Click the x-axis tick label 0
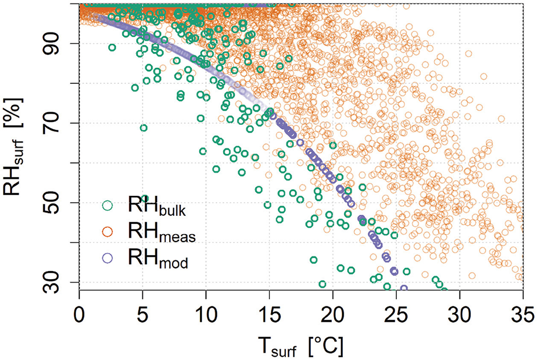[79, 313]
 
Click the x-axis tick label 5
[142, 313]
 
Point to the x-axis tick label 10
[206, 313]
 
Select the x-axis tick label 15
[269, 313]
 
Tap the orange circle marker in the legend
[107, 232]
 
